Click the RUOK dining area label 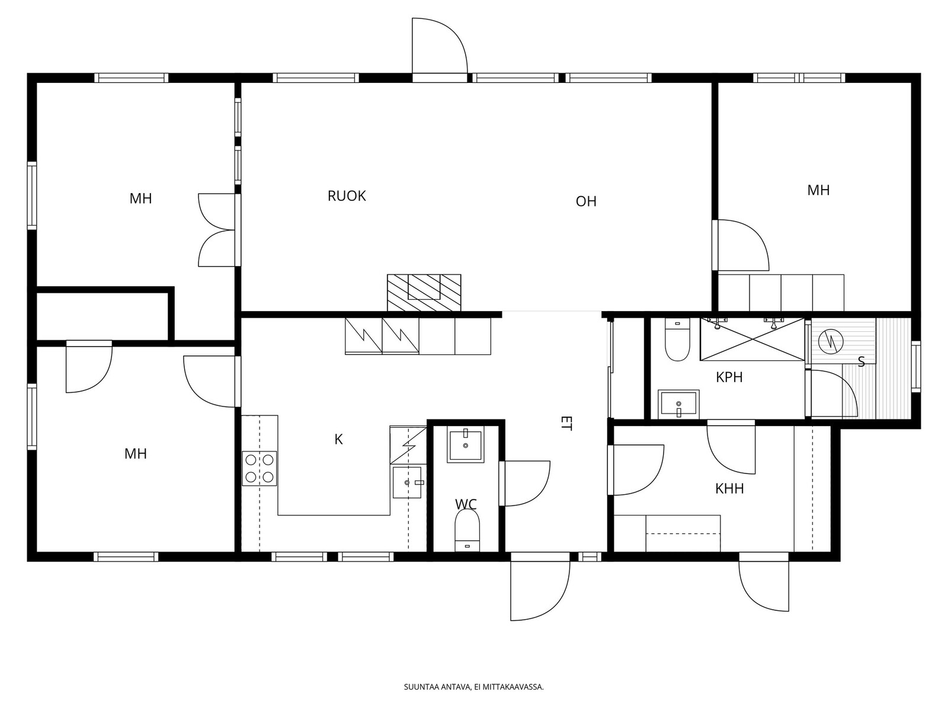click(x=347, y=196)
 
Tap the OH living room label click(x=585, y=201)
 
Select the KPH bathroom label click(x=729, y=377)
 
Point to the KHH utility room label click(x=729, y=489)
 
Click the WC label click(x=466, y=504)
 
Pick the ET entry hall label click(x=566, y=423)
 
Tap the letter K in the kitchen click(x=338, y=440)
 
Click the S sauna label click(x=861, y=362)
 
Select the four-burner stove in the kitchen click(x=259, y=469)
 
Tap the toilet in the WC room click(x=467, y=530)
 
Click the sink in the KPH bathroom click(x=678, y=405)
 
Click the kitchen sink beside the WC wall click(x=407, y=482)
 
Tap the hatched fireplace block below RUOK click(x=424, y=292)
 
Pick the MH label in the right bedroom click(x=818, y=190)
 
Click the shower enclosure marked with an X click(x=753, y=340)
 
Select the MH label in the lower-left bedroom click(x=136, y=454)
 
